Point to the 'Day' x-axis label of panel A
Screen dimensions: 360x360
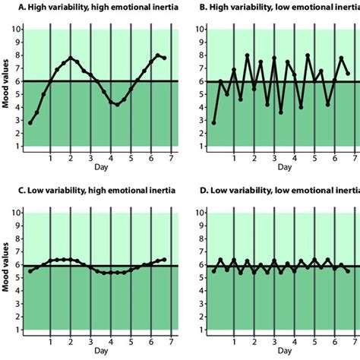100,166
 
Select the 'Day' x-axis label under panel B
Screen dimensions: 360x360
284,166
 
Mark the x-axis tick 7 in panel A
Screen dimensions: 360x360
172,157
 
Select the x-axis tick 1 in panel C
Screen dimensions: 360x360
50,341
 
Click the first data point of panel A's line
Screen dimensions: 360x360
30,122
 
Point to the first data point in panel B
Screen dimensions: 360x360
213,122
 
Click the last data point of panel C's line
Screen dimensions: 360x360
166,259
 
